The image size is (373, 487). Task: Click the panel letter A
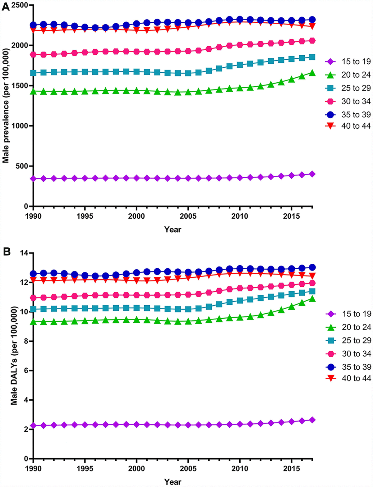point(6,7)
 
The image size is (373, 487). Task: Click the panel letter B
point(7,252)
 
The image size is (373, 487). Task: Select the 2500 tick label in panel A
point(19,5)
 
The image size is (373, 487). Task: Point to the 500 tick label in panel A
point(21,166)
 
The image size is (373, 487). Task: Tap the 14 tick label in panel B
point(24,253)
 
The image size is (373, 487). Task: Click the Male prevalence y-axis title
point(6,106)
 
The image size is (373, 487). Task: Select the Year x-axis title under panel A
point(173,230)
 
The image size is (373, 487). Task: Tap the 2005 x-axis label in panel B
point(188,468)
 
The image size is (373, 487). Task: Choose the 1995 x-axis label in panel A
point(85,216)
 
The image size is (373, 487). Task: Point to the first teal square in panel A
point(33,73)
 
